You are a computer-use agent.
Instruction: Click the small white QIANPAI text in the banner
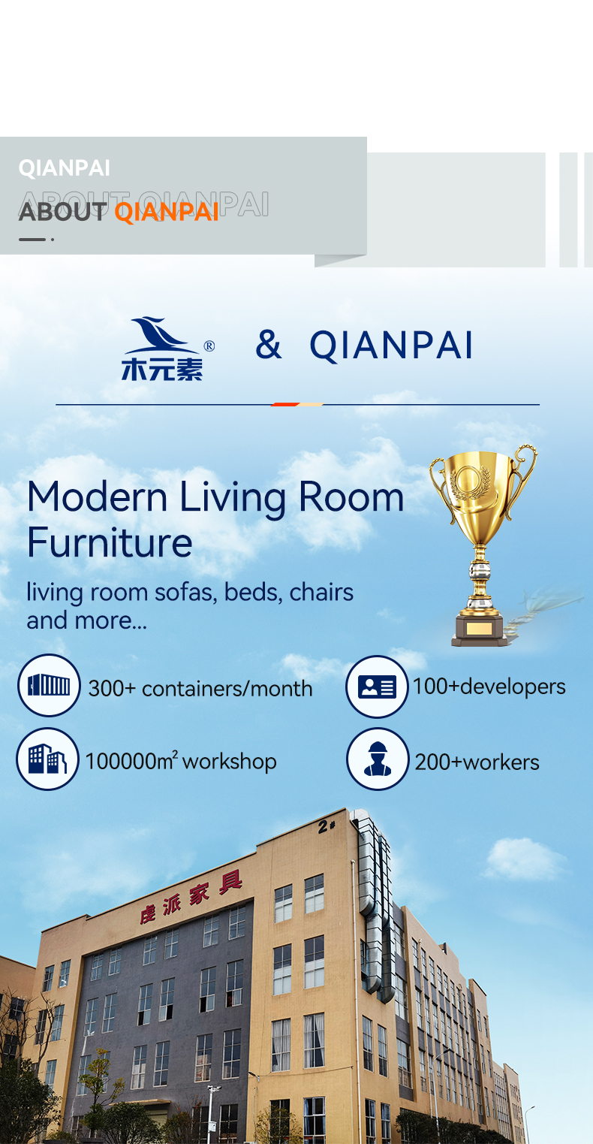point(65,168)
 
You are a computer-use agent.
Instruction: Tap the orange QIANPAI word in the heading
point(167,212)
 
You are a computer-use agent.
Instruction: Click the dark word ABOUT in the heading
point(63,212)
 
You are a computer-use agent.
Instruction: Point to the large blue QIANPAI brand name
point(391,346)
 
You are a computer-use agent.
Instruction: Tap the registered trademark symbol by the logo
point(209,346)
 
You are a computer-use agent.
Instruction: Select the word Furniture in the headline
point(110,542)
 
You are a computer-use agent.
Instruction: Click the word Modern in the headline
point(98,497)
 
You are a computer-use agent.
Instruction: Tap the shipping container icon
point(49,685)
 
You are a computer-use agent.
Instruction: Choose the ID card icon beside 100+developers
point(377,687)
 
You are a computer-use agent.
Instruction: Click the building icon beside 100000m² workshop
point(47,759)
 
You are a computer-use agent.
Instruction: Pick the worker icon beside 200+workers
point(378,759)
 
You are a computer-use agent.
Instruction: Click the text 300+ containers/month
point(200,689)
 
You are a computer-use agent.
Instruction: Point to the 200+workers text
point(477,762)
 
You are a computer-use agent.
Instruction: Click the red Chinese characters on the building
point(191,898)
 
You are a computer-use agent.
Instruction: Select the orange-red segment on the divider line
point(284,404)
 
